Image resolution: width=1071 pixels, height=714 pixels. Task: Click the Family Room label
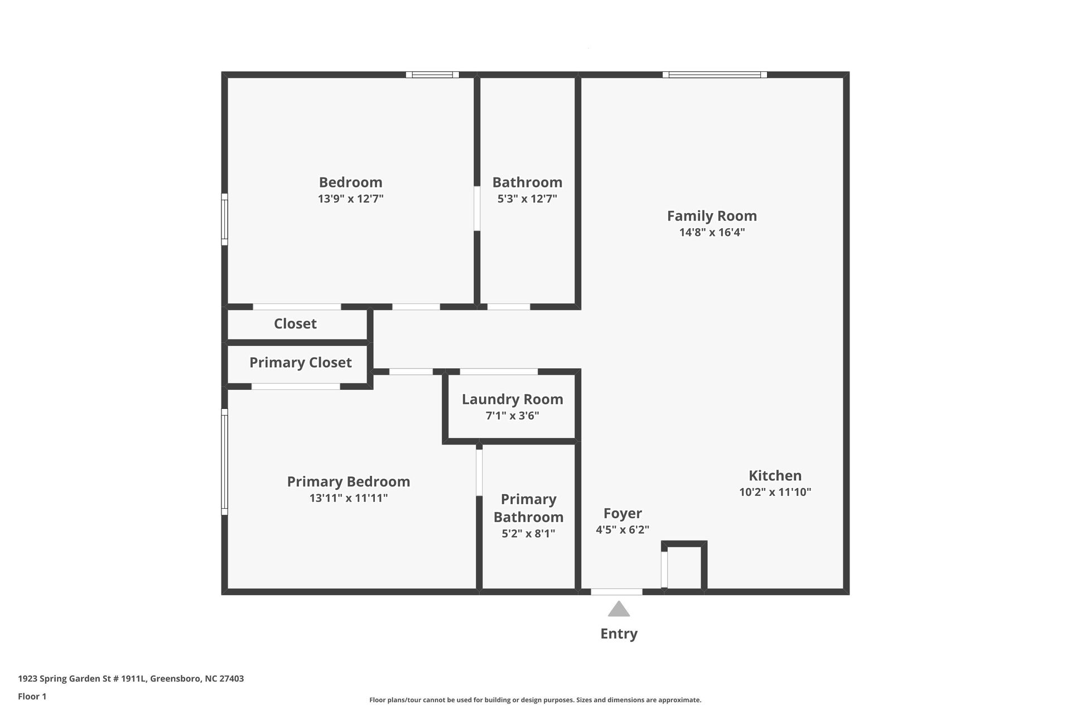point(712,216)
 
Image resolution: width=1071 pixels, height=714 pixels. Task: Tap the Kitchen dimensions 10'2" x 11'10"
point(775,492)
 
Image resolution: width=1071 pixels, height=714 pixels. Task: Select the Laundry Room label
point(512,399)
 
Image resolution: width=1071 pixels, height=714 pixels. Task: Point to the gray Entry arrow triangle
point(619,610)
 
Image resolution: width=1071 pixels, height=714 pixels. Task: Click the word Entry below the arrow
point(619,634)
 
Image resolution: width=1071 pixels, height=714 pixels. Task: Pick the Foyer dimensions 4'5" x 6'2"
point(623,529)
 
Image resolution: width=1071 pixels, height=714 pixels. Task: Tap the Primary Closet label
point(300,363)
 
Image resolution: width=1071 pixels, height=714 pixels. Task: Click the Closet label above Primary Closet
point(295,324)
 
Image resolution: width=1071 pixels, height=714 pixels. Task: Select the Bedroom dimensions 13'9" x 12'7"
point(350,199)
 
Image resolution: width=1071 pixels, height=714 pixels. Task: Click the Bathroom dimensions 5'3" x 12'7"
point(527,199)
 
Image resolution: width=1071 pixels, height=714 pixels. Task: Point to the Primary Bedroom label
point(348,481)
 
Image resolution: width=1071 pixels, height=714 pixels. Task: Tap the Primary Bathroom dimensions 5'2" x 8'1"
point(528,533)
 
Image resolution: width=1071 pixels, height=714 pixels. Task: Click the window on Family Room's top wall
point(715,75)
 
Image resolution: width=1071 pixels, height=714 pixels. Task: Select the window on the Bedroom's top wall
point(432,75)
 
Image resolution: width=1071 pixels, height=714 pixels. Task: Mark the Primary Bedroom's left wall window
point(225,462)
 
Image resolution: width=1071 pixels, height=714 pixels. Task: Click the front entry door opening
point(616,592)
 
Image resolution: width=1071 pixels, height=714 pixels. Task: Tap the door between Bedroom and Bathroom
point(477,209)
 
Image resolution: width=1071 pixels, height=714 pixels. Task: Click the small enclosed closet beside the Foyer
point(684,567)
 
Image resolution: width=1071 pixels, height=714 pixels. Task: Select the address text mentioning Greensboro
point(131,679)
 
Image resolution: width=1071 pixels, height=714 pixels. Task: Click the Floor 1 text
point(32,696)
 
